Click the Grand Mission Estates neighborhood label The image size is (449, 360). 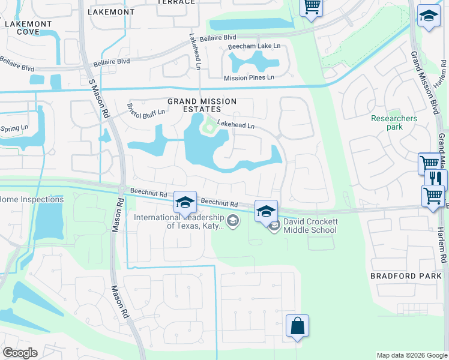click(202, 106)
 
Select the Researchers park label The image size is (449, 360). click(394, 122)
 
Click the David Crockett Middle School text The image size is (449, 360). click(310, 226)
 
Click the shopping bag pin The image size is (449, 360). click(297, 327)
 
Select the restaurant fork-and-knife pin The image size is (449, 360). click(436, 179)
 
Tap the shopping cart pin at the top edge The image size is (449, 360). click(311, 8)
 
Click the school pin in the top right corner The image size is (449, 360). click(429, 17)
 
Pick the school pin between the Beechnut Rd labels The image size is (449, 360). click(185, 203)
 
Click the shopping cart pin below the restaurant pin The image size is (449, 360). click(433, 196)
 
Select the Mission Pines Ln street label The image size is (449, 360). click(249, 77)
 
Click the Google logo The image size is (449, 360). click(20, 353)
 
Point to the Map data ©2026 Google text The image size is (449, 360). click(412, 355)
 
